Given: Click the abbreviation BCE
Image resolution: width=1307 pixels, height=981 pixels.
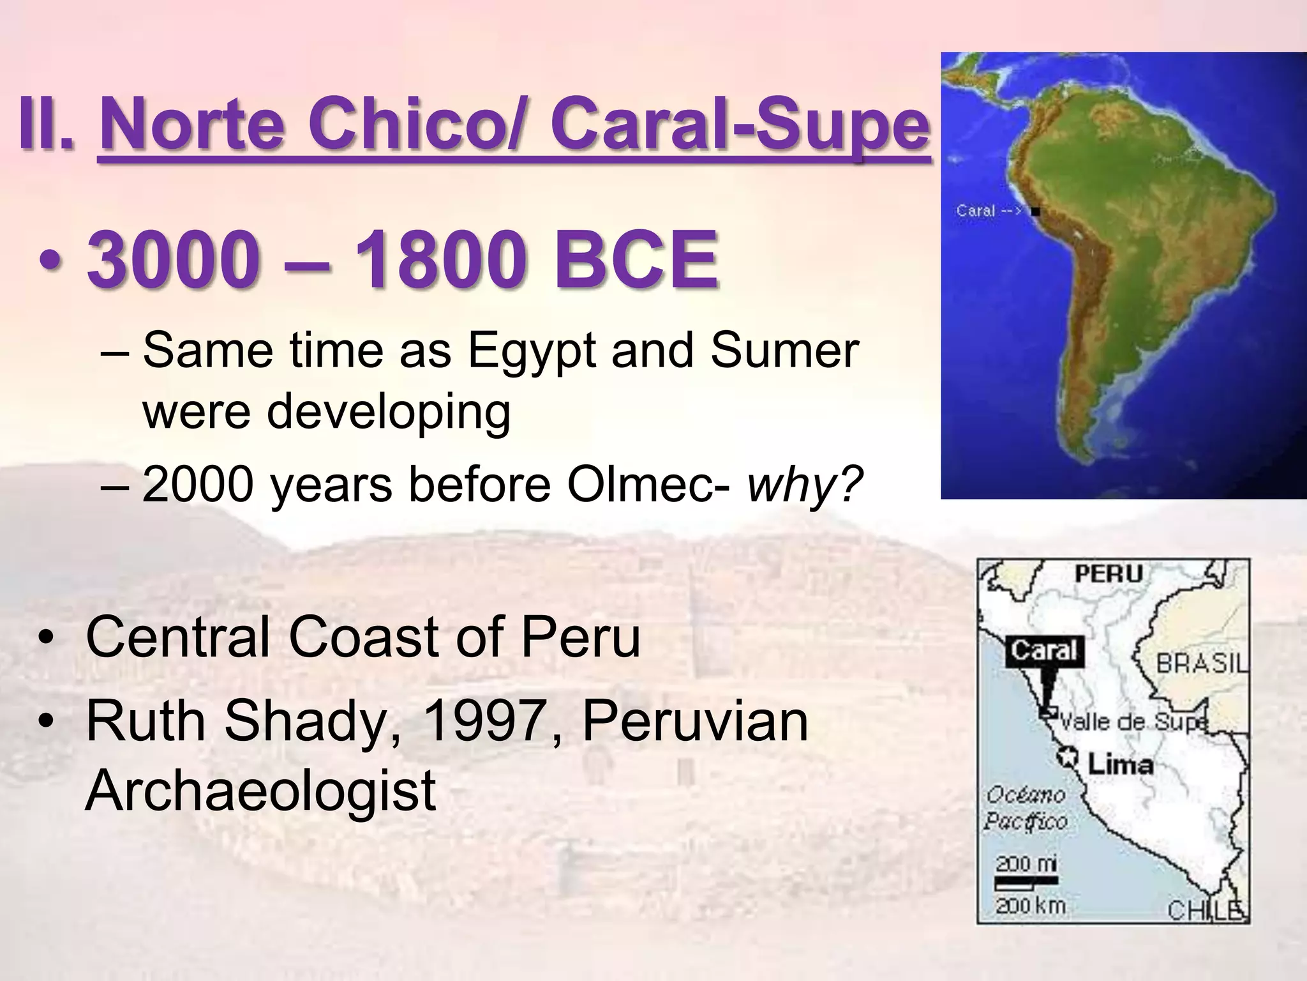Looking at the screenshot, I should click(x=636, y=261).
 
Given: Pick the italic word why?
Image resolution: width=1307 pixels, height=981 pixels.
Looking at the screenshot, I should click(x=805, y=484).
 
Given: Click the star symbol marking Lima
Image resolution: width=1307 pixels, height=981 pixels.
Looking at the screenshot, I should click(x=1066, y=758).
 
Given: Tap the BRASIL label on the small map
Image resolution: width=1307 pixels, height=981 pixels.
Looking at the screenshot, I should click(x=1202, y=664).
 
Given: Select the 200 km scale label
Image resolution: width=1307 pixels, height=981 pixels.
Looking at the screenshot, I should click(x=1030, y=905).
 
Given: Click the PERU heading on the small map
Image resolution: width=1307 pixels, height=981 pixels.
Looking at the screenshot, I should click(x=1109, y=574).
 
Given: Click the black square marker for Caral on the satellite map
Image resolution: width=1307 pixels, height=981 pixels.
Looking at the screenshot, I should click(x=1036, y=211).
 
